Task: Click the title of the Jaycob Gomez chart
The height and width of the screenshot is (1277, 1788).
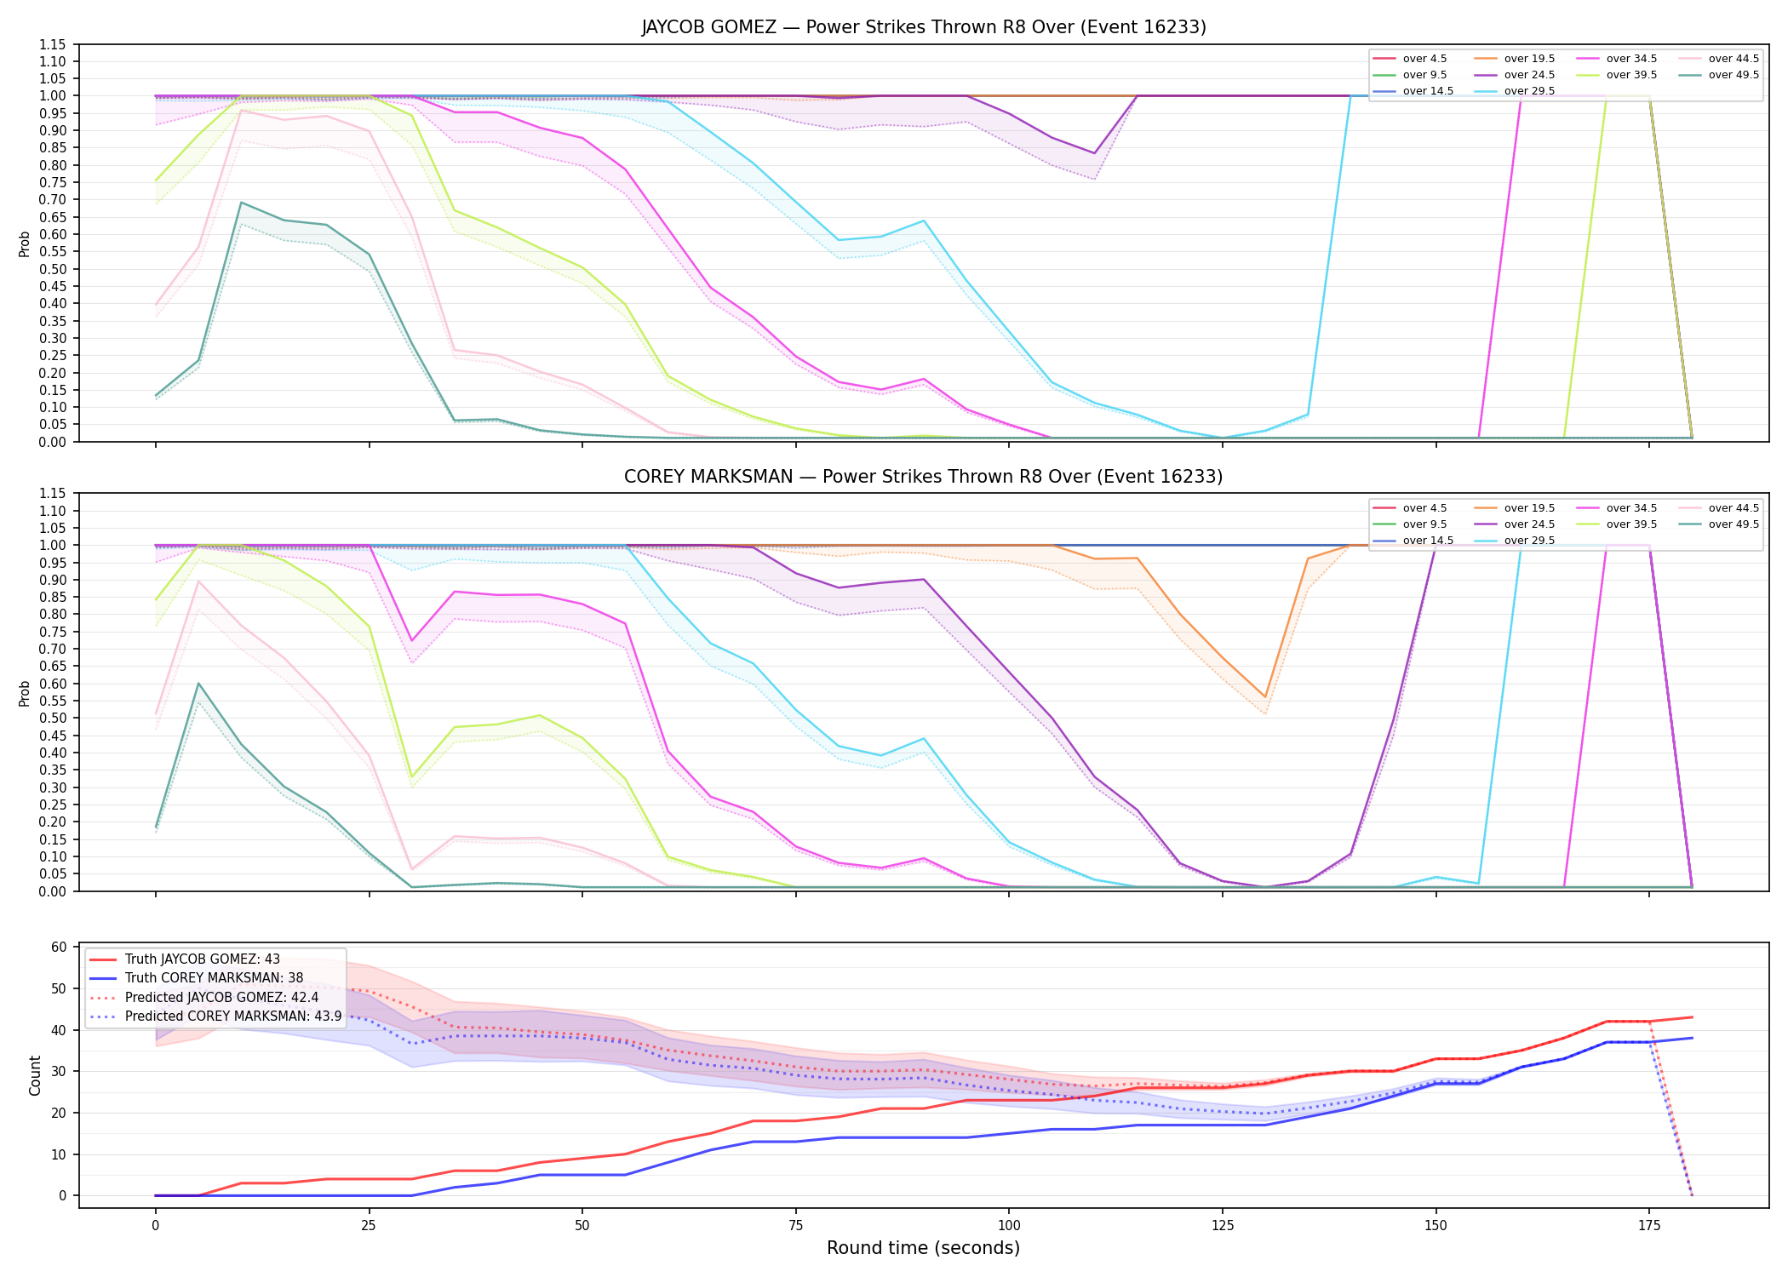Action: click(924, 27)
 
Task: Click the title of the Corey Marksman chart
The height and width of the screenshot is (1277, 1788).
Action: click(924, 477)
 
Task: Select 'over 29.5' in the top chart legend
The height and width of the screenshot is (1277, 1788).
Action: click(1529, 91)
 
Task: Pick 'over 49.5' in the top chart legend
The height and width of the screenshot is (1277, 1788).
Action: click(1734, 75)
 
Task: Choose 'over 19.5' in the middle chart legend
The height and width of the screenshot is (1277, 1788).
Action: click(1529, 508)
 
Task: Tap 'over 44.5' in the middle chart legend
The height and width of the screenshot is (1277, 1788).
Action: click(1734, 508)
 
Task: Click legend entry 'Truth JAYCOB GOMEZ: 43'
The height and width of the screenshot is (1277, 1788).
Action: click(203, 959)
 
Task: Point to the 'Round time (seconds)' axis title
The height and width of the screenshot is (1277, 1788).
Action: click(924, 1248)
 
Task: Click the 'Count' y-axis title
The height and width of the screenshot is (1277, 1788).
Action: click(35, 1075)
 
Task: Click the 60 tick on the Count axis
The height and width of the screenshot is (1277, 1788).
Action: click(60, 947)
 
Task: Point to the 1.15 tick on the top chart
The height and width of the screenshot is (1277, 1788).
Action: click(53, 44)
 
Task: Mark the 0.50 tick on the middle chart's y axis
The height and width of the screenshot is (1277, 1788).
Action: click(53, 718)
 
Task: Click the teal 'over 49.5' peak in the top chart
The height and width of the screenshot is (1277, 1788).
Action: click(241, 203)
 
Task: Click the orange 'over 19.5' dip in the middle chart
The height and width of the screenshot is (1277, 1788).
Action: click(1265, 696)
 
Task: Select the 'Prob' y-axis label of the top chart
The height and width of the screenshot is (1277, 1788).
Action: click(24, 244)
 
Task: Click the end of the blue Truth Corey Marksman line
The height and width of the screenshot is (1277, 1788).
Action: click(1692, 1038)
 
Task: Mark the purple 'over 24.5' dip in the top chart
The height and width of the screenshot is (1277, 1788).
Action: click(1094, 153)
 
